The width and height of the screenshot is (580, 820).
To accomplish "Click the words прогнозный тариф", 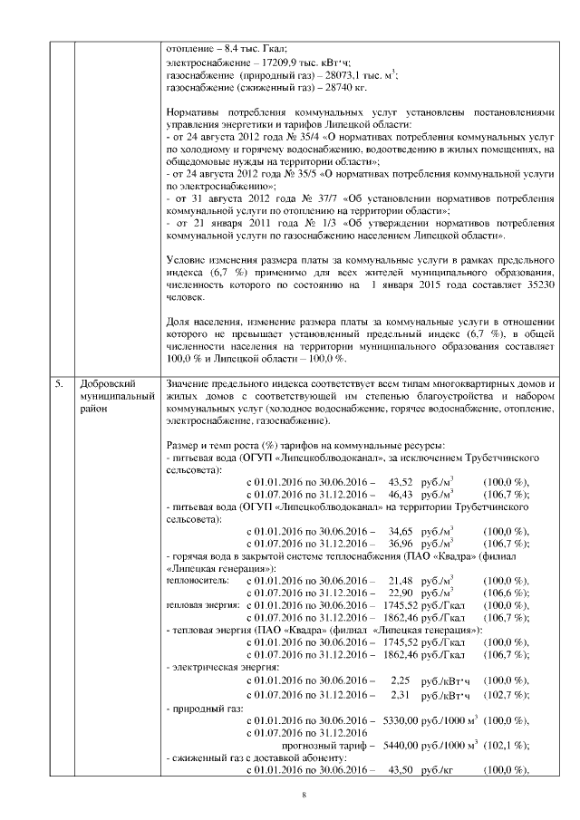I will point(339,744).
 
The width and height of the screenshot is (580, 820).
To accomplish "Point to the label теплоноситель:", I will point(197,579).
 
